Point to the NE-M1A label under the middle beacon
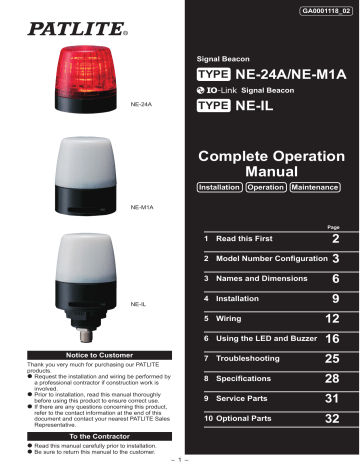pyautogui.click(x=142, y=207)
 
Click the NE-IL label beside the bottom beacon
pyautogui.click(x=139, y=302)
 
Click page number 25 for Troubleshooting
pyautogui.click(x=335, y=358)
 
